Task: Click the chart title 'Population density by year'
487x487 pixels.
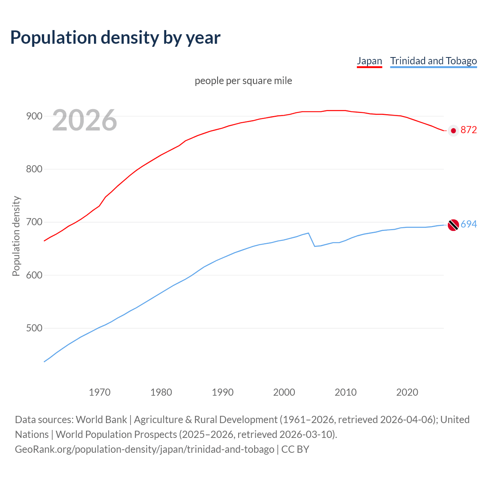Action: click(115, 38)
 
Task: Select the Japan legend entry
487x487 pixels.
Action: click(369, 61)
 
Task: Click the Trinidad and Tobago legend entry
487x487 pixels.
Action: click(433, 61)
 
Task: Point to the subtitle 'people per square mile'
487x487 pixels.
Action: click(243, 81)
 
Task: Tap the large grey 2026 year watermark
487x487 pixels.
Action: click(84, 120)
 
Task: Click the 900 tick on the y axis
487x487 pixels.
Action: click(34, 116)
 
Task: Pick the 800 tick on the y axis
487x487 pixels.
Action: click(34, 169)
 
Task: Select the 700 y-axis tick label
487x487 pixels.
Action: click(34, 222)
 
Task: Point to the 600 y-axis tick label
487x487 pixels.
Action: click(34, 275)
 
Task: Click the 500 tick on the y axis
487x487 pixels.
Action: click(34, 328)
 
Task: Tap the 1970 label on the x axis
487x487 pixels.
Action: click(100, 392)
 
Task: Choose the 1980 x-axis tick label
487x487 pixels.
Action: click(161, 392)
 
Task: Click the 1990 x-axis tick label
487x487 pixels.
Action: click(223, 392)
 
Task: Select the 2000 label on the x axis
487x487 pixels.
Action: click(284, 392)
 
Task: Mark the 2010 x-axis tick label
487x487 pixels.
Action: click(345, 392)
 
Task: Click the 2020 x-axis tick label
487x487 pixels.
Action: click(407, 392)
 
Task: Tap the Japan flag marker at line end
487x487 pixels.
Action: click(453, 131)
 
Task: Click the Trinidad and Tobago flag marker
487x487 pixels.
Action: click(453, 225)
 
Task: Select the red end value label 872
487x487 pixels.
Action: click(469, 130)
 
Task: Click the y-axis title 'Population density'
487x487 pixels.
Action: click(16, 236)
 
